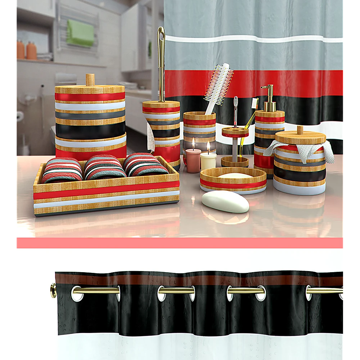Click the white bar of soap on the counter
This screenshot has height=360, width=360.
(225, 201)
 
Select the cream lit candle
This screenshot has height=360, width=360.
(208, 160)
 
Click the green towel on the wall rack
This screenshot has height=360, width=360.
(80, 33)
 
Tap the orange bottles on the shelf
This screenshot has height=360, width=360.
(26, 50)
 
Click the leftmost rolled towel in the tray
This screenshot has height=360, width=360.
(62, 170)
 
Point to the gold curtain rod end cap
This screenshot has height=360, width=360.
(54, 289)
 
